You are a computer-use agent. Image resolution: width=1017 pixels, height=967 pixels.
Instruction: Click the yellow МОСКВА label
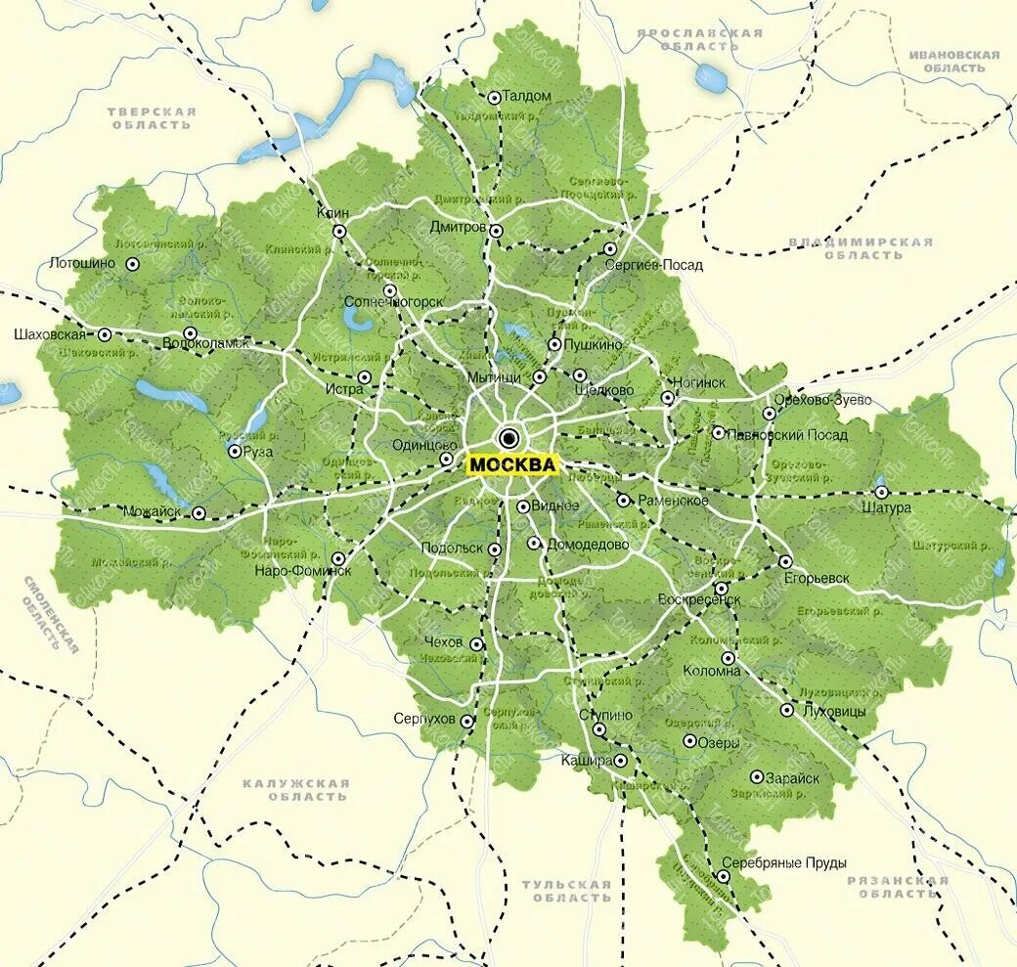[x=511, y=464]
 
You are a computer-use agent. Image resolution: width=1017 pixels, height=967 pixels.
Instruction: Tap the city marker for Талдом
[x=495, y=97]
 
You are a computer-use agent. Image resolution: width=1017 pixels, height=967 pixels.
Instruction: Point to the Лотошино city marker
[x=133, y=263]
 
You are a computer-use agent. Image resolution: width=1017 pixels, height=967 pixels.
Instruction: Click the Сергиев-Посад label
[x=653, y=265]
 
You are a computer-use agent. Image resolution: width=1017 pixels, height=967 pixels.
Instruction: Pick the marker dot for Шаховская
[x=105, y=334]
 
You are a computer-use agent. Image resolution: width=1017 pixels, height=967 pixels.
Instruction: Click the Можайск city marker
[x=199, y=512]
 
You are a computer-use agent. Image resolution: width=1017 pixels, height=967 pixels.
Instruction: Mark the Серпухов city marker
[x=467, y=721]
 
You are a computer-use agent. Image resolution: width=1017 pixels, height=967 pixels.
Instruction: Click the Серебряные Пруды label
[x=783, y=862]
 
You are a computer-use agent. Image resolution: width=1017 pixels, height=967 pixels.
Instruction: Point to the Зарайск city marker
[x=757, y=777]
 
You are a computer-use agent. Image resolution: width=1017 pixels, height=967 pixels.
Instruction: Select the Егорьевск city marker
[x=785, y=561]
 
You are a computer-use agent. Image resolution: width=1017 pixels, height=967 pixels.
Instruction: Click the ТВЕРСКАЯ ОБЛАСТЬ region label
[x=152, y=118]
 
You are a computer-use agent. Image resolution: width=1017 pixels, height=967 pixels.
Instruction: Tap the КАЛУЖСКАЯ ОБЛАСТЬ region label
[x=295, y=790]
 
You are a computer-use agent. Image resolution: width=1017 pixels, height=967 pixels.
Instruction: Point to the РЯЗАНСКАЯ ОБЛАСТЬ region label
[x=897, y=887]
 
